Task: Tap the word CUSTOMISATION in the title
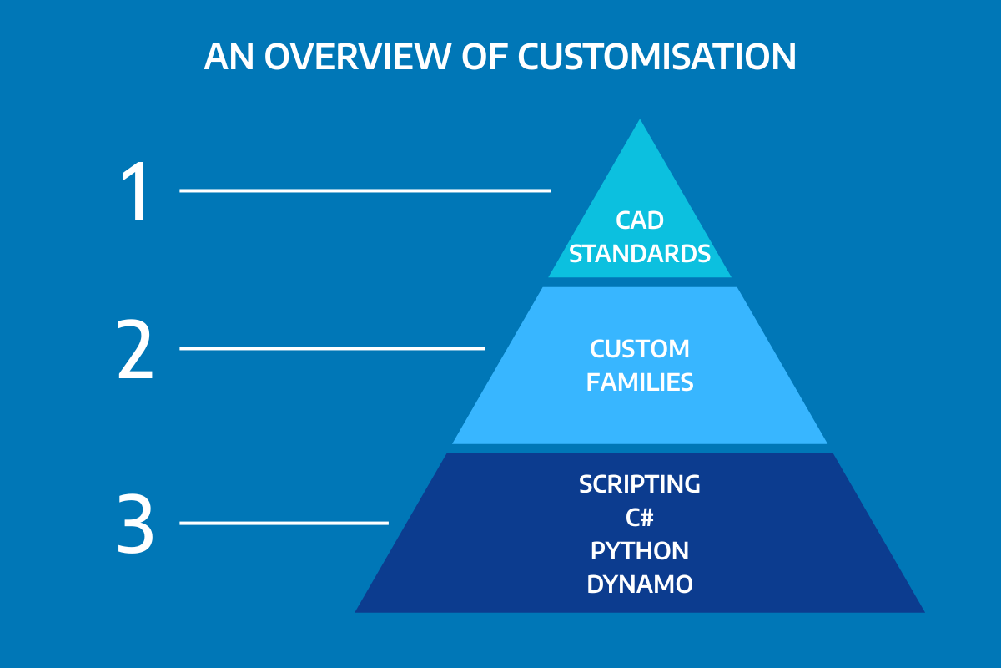pyautogui.click(x=656, y=57)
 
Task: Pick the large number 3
pyautogui.click(x=135, y=525)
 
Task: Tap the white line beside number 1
pyautogui.click(x=365, y=190)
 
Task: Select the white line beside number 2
pyautogui.click(x=332, y=347)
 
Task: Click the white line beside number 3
pyautogui.click(x=284, y=523)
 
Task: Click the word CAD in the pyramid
pyautogui.click(x=640, y=220)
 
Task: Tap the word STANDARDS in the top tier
pyautogui.click(x=640, y=254)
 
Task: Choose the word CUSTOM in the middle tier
pyautogui.click(x=640, y=349)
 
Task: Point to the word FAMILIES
pyautogui.click(x=640, y=382)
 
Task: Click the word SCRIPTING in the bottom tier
pyautogui.click(x=640, y=484)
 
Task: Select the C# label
pyautogui.click(x=640, y=518)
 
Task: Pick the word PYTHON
pyautogui.click(x=640, y=551)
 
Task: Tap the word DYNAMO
pyautogui.click(x=640, y=584)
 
